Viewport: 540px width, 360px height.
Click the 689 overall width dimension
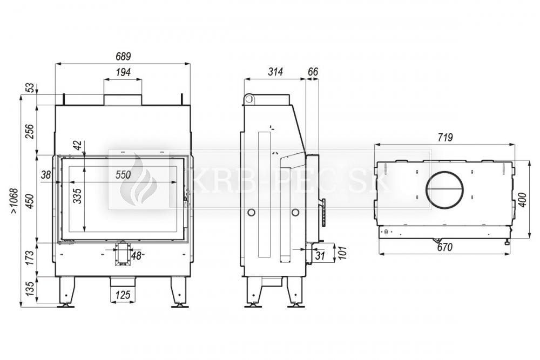pos(123,56)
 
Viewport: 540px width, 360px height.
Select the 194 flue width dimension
pos(123,72)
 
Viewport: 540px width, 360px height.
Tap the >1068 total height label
pos(13,200)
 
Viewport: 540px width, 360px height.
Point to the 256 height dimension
pos(30,131)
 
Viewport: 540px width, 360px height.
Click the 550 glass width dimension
pos(123,174)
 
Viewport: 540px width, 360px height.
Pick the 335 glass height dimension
pos(78,196)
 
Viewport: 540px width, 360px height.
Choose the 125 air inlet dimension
pos(123,295)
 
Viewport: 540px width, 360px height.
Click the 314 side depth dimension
pos(275,72)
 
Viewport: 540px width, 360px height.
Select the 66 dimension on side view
pos(313,72)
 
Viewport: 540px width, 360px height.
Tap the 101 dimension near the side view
pos(342,252)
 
